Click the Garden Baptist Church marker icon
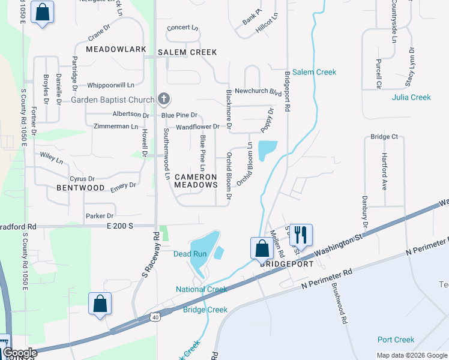pos(164,100)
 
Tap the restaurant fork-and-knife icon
pos(301,235)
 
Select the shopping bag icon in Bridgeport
pos(262,248)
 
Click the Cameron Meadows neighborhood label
pos(196,181)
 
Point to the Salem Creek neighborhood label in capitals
pos(187,52)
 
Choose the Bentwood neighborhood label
pos(80,188)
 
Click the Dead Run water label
pos(190,254)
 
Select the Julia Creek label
pos(411,97)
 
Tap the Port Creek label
pos(396,340)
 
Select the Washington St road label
pos(340,242)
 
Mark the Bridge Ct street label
pos(384,137)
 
